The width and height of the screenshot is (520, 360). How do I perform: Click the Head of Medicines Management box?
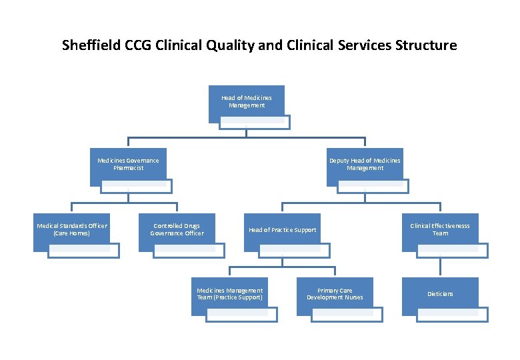[x=246, y=101]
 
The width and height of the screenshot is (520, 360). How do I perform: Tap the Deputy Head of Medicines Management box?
[x=365, y=164]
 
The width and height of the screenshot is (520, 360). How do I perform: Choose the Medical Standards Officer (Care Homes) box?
[x=71, y=230]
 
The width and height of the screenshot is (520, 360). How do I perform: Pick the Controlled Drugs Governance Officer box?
[x=177, y=230]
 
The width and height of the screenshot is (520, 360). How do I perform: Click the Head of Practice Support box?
[x=282, y=230]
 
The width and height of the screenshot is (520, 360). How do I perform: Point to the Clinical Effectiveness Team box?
[x=440, y=230]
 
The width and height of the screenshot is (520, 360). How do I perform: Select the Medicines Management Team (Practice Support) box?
[x=229, y=294]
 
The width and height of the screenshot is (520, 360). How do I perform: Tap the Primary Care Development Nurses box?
[x=335, y=294]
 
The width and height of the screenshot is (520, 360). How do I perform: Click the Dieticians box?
[x=440, y=294]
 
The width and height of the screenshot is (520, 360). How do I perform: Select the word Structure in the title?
[x=426, y=46]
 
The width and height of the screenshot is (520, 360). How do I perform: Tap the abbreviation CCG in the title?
[x=138, y=46]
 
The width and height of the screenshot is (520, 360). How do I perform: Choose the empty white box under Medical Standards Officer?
[x=83, y=251]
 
